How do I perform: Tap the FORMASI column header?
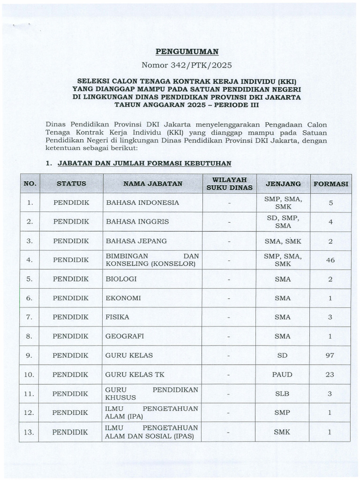[330, 184]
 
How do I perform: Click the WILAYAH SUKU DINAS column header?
[229, 184]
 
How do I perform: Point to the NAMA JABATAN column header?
[152, 184]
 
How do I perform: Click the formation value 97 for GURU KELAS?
[330, 355]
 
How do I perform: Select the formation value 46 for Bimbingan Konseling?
[330, 260]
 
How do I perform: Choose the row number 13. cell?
[30, 432]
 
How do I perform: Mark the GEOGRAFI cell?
[125, 336]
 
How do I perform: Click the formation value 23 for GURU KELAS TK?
[330, 375]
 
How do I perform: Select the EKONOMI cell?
[123, 298]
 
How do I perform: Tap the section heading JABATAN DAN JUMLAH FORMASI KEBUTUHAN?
[144, 164]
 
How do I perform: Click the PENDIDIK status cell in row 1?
[71, 202]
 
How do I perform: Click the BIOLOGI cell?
[121, 279]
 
